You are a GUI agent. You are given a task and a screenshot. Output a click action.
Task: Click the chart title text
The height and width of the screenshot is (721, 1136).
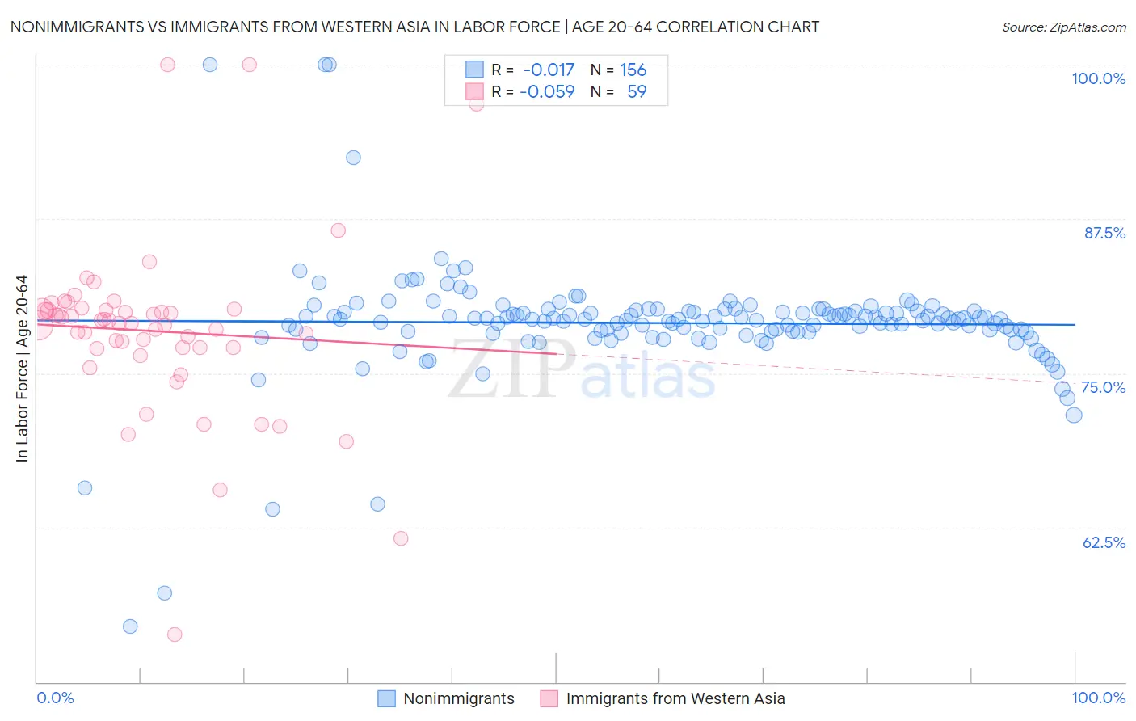(x=414, y=27)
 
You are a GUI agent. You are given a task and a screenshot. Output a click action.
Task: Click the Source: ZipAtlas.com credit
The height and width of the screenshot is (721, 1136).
(x=1063, y=27)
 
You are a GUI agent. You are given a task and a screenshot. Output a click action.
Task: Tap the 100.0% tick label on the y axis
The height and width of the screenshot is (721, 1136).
(x=1098, y=78)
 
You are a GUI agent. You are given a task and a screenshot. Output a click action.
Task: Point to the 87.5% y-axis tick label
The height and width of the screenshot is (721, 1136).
(x=1104, y=233)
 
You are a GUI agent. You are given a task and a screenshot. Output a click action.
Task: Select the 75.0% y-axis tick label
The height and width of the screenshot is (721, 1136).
(x=1103, y=387)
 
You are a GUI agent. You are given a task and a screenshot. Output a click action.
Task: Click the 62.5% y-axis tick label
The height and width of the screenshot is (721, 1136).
(x=1104, y=542)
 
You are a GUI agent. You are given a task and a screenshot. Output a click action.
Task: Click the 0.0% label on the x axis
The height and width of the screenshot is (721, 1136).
(x=55, y=698)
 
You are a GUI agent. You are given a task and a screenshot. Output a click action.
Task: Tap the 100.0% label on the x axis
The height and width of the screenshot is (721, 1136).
(x=1098, y=698)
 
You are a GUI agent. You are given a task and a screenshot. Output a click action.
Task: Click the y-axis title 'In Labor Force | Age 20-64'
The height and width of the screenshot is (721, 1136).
(x=23, y=369)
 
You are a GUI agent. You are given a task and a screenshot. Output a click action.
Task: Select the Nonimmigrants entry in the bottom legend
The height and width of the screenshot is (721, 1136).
(x=458, y=698)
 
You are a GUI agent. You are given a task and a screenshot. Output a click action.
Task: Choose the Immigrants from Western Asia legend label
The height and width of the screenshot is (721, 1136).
(x=675, y=698)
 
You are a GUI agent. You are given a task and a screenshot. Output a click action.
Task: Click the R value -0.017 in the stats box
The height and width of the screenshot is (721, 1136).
(x=549, y=70)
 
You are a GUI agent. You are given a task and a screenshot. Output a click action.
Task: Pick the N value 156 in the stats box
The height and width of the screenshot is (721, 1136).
(x=633, y=70)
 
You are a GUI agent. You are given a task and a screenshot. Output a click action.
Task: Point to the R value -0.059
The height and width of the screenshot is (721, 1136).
(x=547, y=92)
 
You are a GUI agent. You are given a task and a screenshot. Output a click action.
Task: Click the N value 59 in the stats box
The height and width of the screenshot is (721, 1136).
(x=637, y=92)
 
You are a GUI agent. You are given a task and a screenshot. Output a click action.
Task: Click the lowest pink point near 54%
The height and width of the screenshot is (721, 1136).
(x=175, y=635)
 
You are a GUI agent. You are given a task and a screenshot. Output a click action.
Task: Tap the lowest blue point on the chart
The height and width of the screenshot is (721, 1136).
(x=130, y=626)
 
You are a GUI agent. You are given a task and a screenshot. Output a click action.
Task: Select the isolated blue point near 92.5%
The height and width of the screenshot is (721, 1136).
(x=353, y=158)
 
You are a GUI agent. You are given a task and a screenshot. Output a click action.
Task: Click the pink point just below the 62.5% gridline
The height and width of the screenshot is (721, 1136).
(x=401, y=538)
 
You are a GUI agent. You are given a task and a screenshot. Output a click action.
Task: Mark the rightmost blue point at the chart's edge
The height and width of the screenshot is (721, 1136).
(x=1074, y=415)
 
